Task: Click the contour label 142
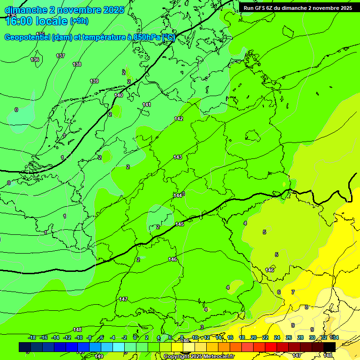[x=179, y=119]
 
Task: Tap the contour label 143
[x=178, y=157]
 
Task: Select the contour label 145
[x=180, y=225]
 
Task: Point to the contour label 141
[x=147, y=105]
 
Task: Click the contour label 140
[x=119, y=95]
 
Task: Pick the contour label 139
[x=94, y=81]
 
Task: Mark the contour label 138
[x=77, y=64]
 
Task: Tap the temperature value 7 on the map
[x=293, y=292]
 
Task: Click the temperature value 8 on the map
[x=307, y=307]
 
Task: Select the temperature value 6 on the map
[x=278, y=292]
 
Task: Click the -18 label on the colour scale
[x=32, y=337]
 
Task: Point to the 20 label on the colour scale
[x=254, y=337]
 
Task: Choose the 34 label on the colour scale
[x=334, y=337]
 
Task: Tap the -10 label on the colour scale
[x=79, y=337]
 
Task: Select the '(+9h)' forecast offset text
[x=79, y=21]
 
